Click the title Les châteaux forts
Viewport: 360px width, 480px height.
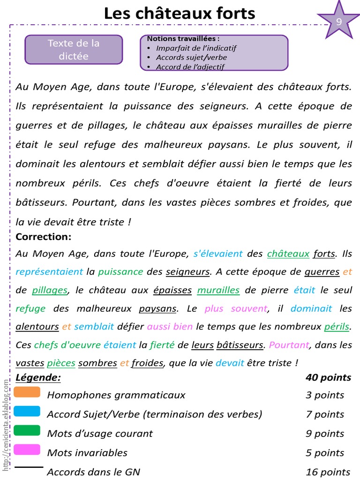pos(180,13)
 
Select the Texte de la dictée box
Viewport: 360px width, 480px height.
pos(74,50)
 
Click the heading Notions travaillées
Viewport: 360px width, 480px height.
pos(183,38)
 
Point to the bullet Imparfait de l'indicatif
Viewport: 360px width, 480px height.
pos(196,48)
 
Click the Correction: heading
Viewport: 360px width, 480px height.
pos(43,237)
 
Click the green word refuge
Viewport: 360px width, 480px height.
pos(30,308)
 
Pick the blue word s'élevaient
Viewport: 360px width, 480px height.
pos(218,254)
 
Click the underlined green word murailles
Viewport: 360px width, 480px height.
pos(218,290)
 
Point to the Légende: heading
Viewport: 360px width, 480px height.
pos(38,377)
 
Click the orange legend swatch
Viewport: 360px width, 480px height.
pos(27,392)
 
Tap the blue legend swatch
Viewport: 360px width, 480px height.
pos(27,411)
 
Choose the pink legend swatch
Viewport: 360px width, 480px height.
pos(27,450)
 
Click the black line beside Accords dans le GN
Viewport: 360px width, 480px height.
pos(29,467)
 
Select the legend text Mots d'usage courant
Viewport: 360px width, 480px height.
pos(100,434)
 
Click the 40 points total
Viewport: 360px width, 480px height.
pos(328,377)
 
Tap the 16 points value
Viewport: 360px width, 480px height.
pos(328,472)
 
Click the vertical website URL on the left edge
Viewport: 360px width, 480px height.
pos(6,424)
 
